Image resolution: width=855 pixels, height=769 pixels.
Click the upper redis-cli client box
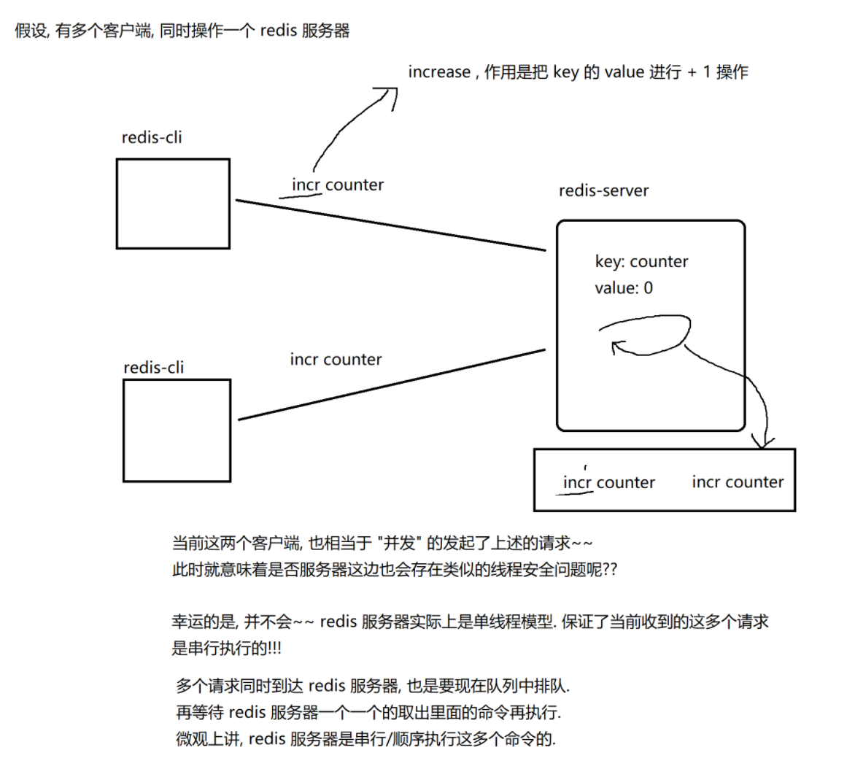pyautogui.click(x=173, y=204)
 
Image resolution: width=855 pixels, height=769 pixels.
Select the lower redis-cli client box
pyautogui.click(x=177, y=430)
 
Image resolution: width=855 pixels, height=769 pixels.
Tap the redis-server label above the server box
pyautogui.click(x=603, y=191)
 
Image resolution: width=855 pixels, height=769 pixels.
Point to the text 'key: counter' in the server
pyautogui.click(x=641, y=262)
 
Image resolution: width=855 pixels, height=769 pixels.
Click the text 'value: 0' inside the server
pyautogui.click(x=624, y=288)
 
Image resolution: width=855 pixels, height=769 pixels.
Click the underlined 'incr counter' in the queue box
pyautogui.click(x=608, y=483)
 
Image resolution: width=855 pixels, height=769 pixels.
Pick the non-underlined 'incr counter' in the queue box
pyautogui.click(x=738, y=482)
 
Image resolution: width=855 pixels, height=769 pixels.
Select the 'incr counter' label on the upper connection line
pyautogui.click(x=338, y=185)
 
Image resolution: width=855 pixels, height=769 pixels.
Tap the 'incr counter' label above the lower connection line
pyautogui.click(x=336, y=360)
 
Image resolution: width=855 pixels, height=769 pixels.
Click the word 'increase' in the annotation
pyautogui.click(x=439, y=72)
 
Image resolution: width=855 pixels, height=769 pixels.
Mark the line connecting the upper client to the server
pyautogui.click(x=390, y=225)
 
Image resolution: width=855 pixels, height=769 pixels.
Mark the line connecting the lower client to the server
pyautogui.click(x=392, y=384)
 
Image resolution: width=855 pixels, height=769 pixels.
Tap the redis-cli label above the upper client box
pyautogui.click(x=152, y=138)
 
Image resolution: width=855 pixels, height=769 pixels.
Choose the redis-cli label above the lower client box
pyautogui.click(x=153, y=368)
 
